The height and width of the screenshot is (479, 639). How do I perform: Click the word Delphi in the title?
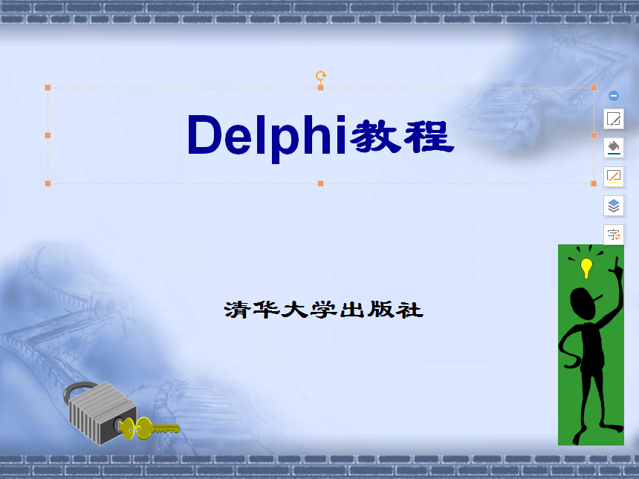pyautogui.click(x=266, y=136)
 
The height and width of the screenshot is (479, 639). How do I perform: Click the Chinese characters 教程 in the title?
pyautogui.click(x=402, y=136)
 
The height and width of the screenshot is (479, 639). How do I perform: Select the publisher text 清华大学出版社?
pyautogui.click(x=323, y=309)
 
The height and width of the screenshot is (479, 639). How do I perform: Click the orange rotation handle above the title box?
pyautogui.click(x=321, y=76)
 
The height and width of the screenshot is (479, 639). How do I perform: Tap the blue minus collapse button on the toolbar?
pyautogui.click(x=614, y=96)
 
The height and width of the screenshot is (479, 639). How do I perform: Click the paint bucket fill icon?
pyautogui.click(x=614, y=146)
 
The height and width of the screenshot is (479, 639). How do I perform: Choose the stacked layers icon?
pyautogui.click(x=614, y=206)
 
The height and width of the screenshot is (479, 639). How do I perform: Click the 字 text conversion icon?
pyautogui.click(x=614, y=235)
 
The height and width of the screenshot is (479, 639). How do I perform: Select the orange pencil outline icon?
pyautogui.click(x=614, y=176)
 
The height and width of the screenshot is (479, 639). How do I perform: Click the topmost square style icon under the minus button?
pyautogui.click(x=614, y=119)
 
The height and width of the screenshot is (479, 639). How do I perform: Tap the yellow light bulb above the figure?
pyautogui.click(x=586, y=267)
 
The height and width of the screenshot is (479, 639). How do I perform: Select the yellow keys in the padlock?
pyautogui.click(x=149, y=429)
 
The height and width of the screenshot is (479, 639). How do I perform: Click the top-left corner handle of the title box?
pyautogui.click(x=48, y=88)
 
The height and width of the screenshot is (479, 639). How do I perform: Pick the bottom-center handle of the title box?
pyautogui.click(x=321, y=183)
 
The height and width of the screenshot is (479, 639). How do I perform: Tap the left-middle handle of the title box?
pyautogui.click(x=48, y=135)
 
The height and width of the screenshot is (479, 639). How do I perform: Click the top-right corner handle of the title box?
pyautogui.click(x=594, y=88)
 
